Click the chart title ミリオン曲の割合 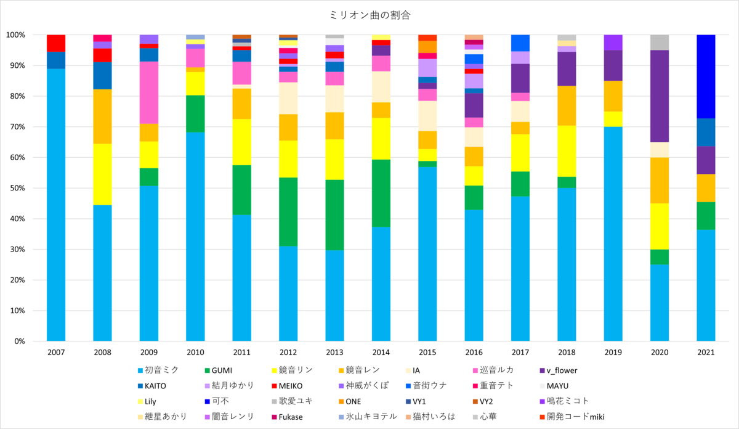(369, 14)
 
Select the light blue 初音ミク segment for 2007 (56, 203)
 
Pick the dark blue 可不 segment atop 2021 (706, 76)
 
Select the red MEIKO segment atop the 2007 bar (56, 43)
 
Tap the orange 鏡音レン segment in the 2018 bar (567, 105)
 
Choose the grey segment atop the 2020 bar (660, 43)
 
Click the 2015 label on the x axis (427, 352)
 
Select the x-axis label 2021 (706, 352)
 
